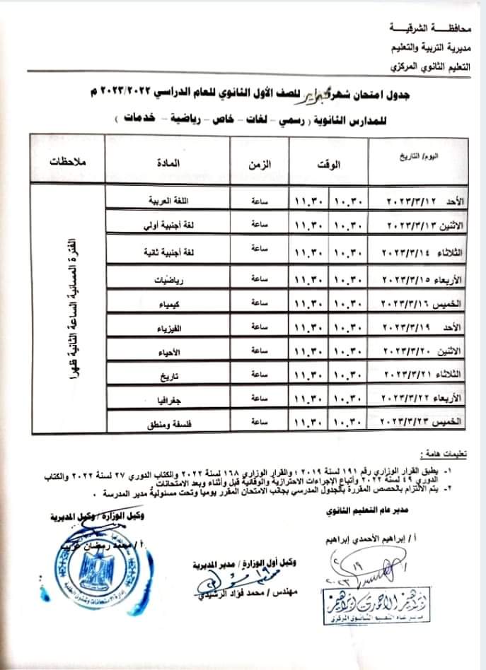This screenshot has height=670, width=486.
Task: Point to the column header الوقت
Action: [x=329, y=163]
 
